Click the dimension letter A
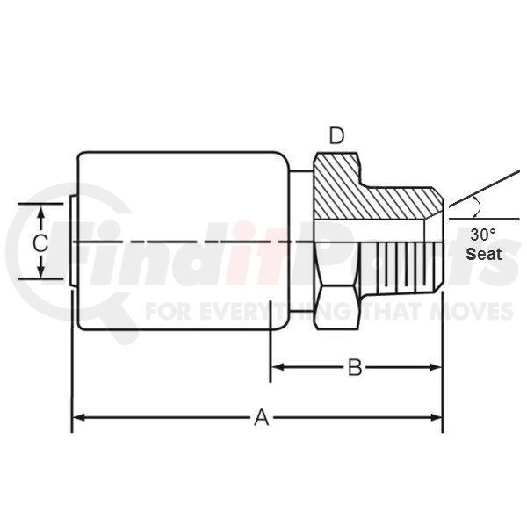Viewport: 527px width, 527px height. click(x=262, y=418)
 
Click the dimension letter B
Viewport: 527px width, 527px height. click(x=355, y=367)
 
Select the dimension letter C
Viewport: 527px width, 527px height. click(x=40, y=243)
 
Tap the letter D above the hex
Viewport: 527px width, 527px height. click(x=336, y=136)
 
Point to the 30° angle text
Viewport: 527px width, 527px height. click(x=482, y=235)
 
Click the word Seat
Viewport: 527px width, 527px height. click(x=484, y=254)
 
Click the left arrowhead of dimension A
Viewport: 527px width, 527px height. click(x=78, y=418)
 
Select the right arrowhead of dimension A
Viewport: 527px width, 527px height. click(x=437, y=418)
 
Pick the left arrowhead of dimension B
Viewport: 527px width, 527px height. click(x=278, y=367)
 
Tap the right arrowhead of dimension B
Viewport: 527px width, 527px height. click(x=436, y=367)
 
